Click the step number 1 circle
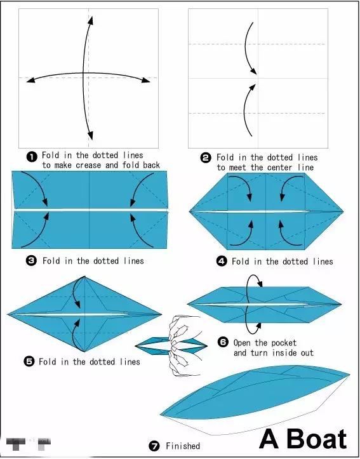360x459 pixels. pyautogui.click(x=32, y=157)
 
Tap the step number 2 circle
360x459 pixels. pyautogui.click(x=206, y=158)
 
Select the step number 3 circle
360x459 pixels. pyautogui.click(x=31, y=260)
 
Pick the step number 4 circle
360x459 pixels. pyautogui.click(x=222, y=261)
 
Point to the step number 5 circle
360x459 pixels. pyautogui.click(x=29, y=361)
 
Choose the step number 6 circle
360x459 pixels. pyautogui.click(x=223, y=342)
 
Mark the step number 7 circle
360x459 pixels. pyautogui.click(x=154, y=446)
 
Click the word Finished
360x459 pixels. pyautogui.click(x=183, y=446)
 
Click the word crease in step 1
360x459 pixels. pyautogui.click(x=88, y=165)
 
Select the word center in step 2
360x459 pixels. pyautogui.click(x=277, y=168)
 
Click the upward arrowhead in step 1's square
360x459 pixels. pyautogui.click(x=91, y=20)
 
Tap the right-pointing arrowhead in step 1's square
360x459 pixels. pyautogui.click(x=146, y=80)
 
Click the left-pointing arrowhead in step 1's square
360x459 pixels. pyautogui.click(x=30, y=79)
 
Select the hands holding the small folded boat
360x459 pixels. pyautogui.click(x=184, y=346)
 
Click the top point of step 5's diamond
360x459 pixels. pyautogui.click(x=84, y=276)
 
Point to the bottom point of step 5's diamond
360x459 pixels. pyautogui.click(x=84, y=352)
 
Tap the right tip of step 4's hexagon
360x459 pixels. pyautogui.click(x=343, y=211)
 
